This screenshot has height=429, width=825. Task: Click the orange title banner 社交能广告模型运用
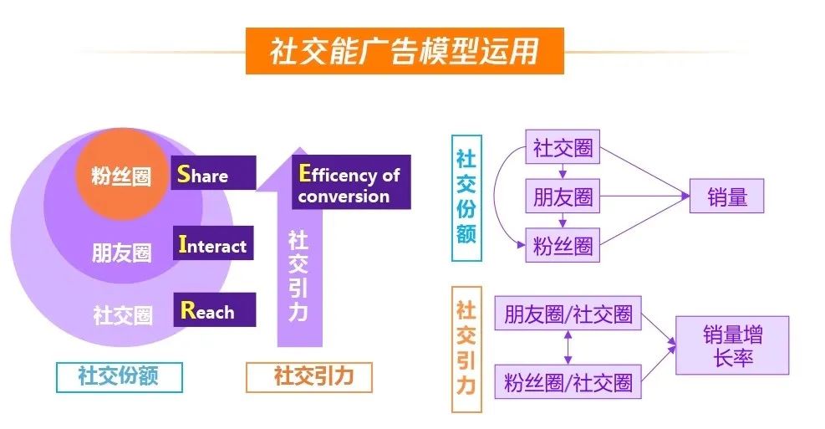405,51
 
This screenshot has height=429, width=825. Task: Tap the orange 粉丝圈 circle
122,174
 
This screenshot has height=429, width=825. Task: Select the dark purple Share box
213,172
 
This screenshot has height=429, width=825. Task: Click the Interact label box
213,243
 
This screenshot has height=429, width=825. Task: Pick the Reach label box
215,309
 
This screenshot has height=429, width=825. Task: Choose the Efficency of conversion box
351,182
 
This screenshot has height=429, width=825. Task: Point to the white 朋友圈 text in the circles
121,253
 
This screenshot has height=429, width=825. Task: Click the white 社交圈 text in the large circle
123,314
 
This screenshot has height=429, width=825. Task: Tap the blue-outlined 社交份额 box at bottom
120,377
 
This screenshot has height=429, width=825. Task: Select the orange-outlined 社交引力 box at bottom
309,377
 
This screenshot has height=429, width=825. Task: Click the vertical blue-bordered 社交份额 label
466,198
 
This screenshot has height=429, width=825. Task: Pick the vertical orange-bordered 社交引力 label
466,350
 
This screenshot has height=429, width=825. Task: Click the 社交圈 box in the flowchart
563,147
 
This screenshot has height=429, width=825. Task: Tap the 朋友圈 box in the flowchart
563,196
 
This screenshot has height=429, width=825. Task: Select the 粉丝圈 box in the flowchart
563,245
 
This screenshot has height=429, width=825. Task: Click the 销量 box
726,196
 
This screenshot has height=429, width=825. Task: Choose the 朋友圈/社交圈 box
568,314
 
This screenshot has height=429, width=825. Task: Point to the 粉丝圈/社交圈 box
568,381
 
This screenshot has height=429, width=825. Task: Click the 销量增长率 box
732,345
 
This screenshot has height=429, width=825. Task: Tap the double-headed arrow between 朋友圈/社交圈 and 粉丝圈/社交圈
568,347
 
